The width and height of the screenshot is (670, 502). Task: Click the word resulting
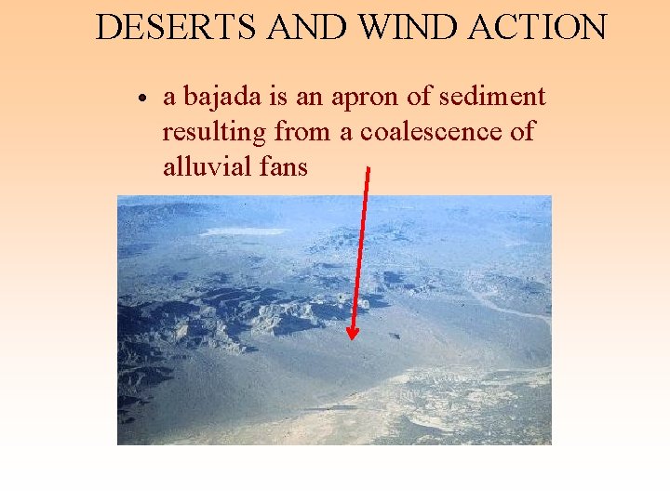pyautogui.click(x=214, y=133)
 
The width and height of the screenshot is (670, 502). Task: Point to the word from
pyautogui.click(x=302, y=132)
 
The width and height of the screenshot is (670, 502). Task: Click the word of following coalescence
pyautogui.click(x=523, y=132)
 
